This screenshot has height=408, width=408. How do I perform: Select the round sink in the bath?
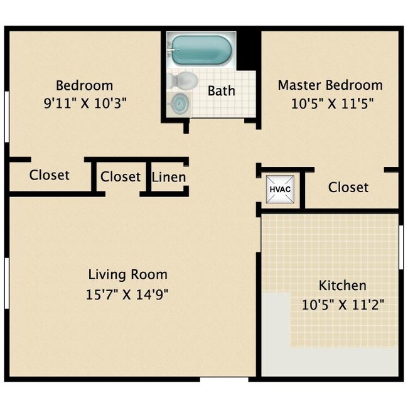pyautogui.click(x=180, y=102)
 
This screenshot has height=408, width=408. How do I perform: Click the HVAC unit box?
pyautogui.click(x=277, y=189)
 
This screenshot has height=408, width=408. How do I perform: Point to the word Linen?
pyautogui.click(x=169, y=177)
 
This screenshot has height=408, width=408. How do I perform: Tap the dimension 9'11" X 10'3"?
pyautogui.click(x=85, y=104)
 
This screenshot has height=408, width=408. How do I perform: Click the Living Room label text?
pyautogui.click(x=127, y=274)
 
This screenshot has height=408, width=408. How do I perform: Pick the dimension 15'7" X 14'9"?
pyautogui.click(x=127, y=294)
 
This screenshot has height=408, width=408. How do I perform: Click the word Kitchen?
pyautogui.click(x=342, y=286)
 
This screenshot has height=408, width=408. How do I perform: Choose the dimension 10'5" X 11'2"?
pyautogui.click(x=343, y=305)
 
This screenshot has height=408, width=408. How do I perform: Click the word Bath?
pyautogui.click(x=222, y=90)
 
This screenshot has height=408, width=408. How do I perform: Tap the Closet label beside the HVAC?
pyautogui.click(x=348, y=187)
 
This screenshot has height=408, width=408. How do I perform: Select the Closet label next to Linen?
pyautogui.click(x=121, y=177)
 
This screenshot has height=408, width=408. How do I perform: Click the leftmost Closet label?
pyautogui.click(x=50, y=175)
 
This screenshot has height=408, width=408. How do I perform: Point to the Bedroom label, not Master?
pyautogui.click(x=85, y=85)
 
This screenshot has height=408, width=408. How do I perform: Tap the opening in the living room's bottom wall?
pyautogui.click(x=224, y=378)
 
